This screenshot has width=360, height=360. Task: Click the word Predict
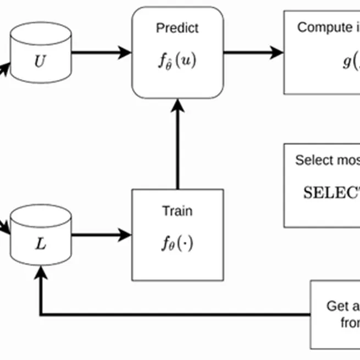177,28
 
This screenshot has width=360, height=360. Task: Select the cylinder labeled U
41,52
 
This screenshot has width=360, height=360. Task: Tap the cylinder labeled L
41,234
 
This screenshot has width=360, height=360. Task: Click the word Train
177,211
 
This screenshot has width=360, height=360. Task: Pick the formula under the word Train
177,243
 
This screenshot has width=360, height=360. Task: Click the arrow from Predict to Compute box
253,53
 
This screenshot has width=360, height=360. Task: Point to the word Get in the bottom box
336,306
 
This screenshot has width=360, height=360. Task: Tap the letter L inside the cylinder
41,244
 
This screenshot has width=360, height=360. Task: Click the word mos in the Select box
347,160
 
